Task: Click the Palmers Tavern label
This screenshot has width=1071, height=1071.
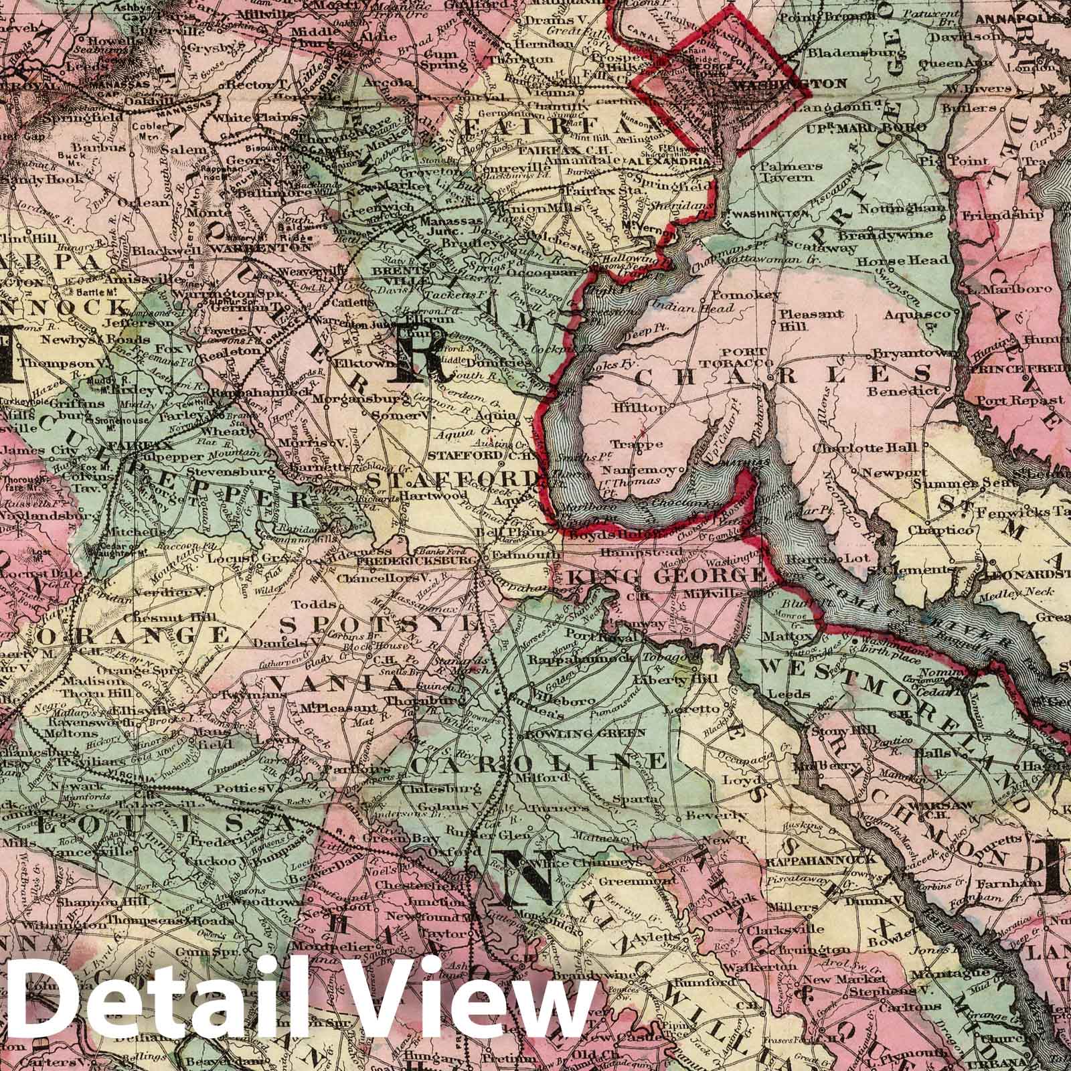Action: (783, 169)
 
